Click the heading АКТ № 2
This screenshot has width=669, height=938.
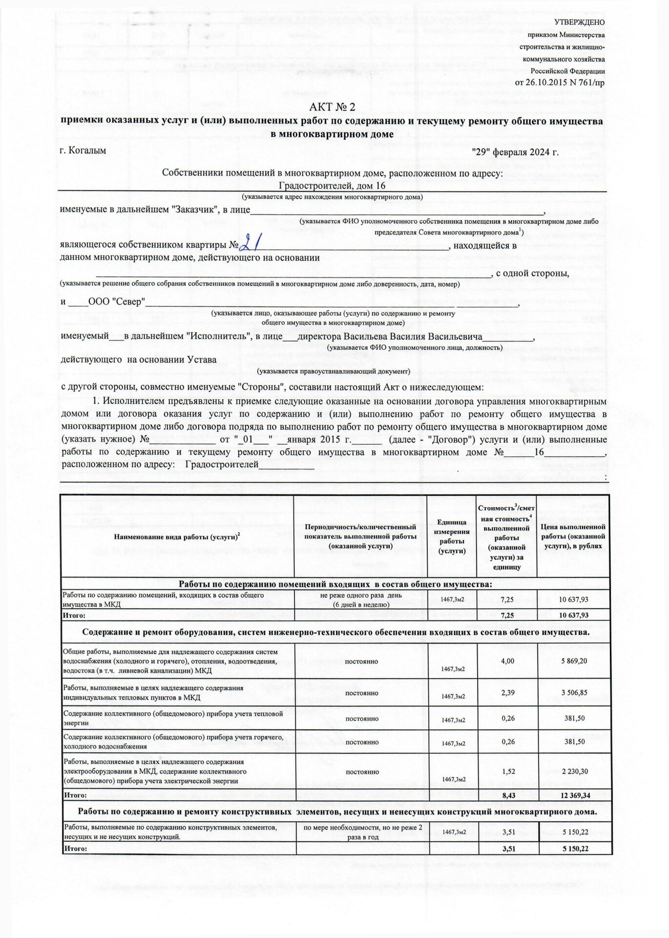click(x=333, y=107)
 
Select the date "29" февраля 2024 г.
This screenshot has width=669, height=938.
click(x=515, y=152)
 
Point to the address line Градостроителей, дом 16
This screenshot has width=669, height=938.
click(x=332, y=186)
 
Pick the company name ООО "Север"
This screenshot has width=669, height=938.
click(x=116, y=301)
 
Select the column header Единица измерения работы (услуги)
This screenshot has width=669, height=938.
click(x=451, y=536)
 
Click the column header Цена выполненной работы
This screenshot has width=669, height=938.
click(x=573, y=536)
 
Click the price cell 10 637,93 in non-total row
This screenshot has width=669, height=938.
click(x=574, y=599)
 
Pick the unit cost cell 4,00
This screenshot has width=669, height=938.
click(x=507, y=661)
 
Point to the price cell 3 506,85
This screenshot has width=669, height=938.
click(x=574, y=692)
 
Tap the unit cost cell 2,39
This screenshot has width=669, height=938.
click(x=507, y=692)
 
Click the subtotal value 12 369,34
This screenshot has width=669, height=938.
click(x=575, y=795)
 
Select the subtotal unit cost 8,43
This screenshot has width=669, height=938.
click(x=508, y=795)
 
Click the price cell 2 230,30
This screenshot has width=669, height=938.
click(x=574, y=771)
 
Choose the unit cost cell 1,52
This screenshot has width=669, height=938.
click(x=507, y=771)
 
